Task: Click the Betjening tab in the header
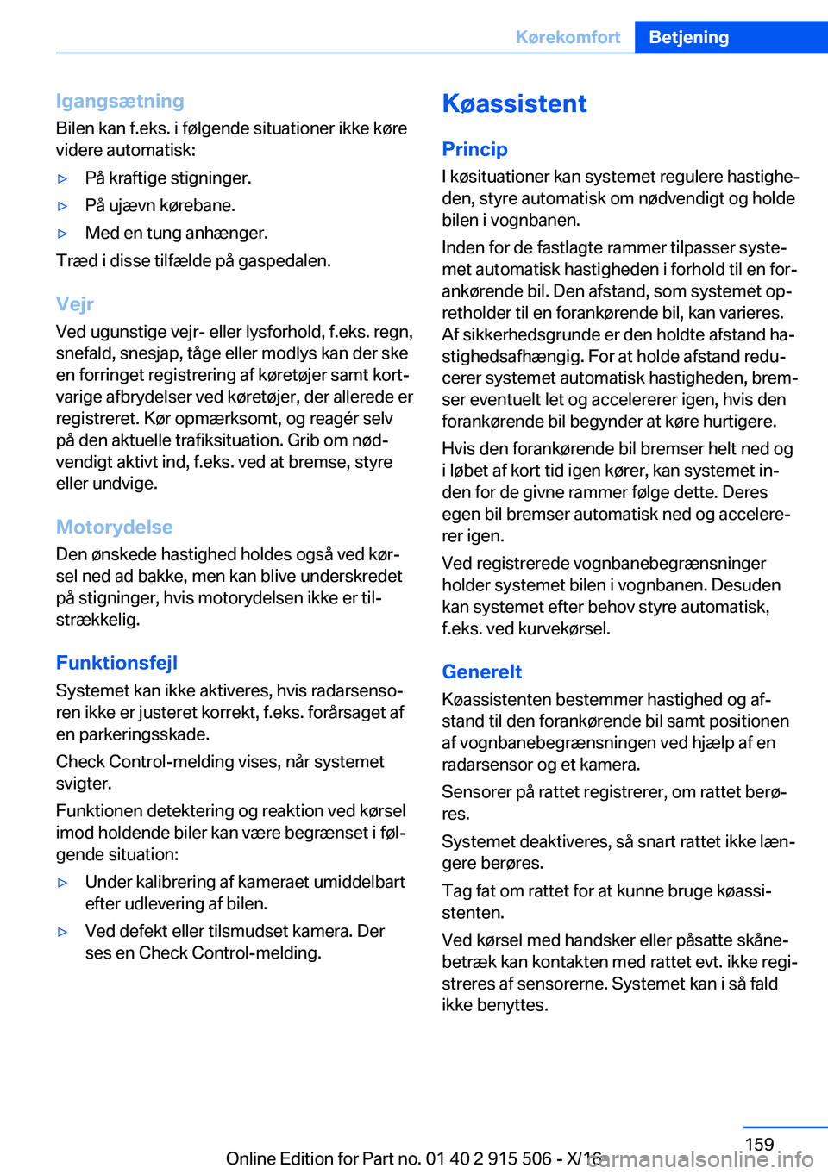688,37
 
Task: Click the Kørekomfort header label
568,37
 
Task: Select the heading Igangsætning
120,101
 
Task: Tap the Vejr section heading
75,303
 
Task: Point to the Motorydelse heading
114,527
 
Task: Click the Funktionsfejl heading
116,663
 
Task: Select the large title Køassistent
514,103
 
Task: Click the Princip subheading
474,149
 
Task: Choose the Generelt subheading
481,671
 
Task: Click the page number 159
759,1144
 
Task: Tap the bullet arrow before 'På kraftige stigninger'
62,178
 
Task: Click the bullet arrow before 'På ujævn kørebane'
62,206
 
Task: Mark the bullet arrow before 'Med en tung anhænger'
62,234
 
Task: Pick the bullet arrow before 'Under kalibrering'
62,883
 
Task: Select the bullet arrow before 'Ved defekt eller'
62,932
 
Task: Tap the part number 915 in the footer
505,1158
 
